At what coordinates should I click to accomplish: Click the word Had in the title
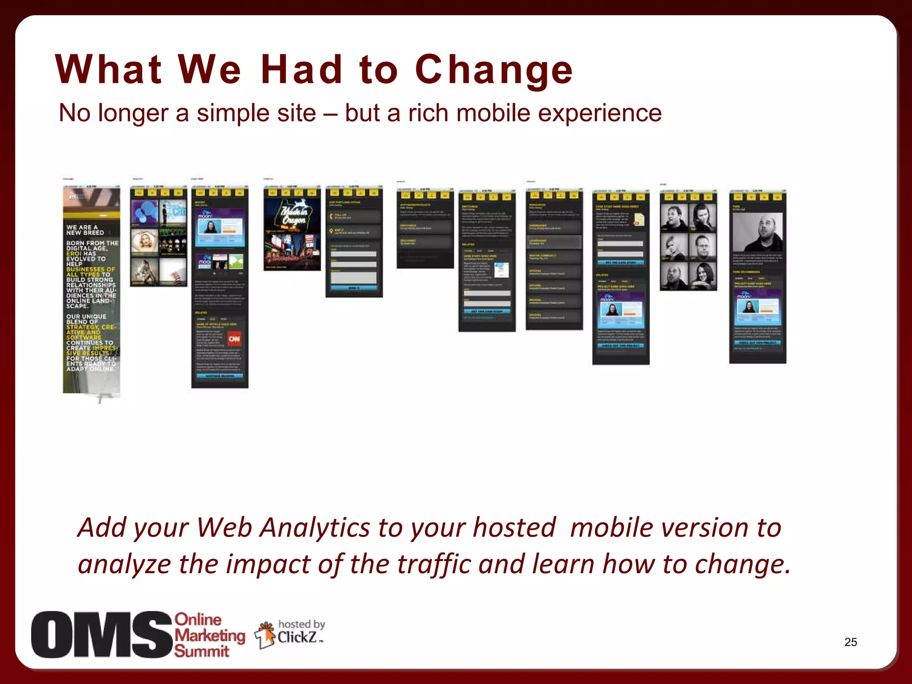tap(301, 70)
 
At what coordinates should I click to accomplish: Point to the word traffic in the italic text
tap(433, 564)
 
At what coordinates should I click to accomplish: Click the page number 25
tap(851, 642)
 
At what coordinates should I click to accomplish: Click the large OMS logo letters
tap(102, 635)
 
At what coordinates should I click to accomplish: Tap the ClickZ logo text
tap(297, 638)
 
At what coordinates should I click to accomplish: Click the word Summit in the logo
tap(201, 651)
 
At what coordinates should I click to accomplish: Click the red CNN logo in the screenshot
tap(235, 339)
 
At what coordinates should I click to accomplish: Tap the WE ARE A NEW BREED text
tap(85, 230)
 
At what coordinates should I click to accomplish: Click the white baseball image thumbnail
tap(173, 271)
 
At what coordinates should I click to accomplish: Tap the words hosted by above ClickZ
tap(301, 624)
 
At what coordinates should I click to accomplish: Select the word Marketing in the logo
tap(209, 635)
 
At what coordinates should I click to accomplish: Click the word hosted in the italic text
tap(514, 528)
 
